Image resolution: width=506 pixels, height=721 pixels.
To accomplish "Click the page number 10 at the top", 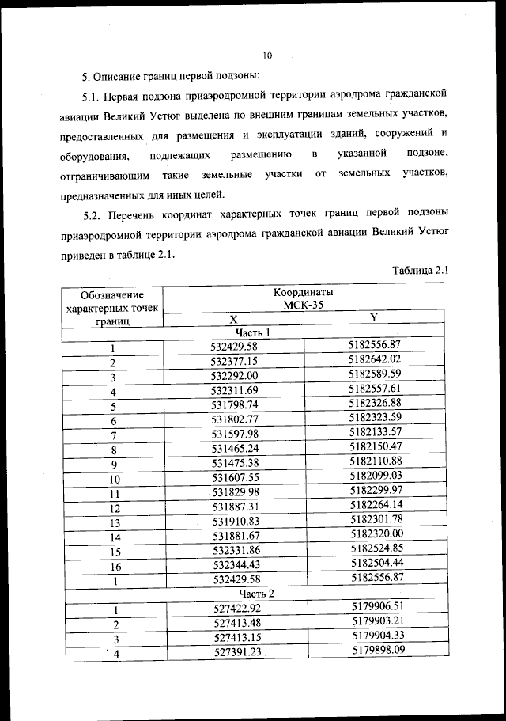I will pyautogui.click(x=266, y=55).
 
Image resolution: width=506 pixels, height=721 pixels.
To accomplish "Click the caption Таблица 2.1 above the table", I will pyautogui.click(x=421, y=271).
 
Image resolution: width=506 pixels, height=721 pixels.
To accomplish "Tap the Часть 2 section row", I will pyautogui.click(x=253, y=594).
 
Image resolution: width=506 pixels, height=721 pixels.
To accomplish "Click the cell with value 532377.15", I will pyautogui.click(x=234, y=362).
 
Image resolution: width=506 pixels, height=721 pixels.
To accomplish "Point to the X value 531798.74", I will pyautogui.click(x=234, y=405).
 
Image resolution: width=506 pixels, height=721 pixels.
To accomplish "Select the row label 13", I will pyautogui.click(x=114, y=524).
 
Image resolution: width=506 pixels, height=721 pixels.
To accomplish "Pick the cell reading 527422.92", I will pyautogui.click(x=234, y=609).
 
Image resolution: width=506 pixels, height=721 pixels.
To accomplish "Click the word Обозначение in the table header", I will pyautogui.click(x=113, y=294).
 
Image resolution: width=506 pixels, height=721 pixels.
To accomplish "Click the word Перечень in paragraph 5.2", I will pyautogui.click(x=145, y=214).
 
